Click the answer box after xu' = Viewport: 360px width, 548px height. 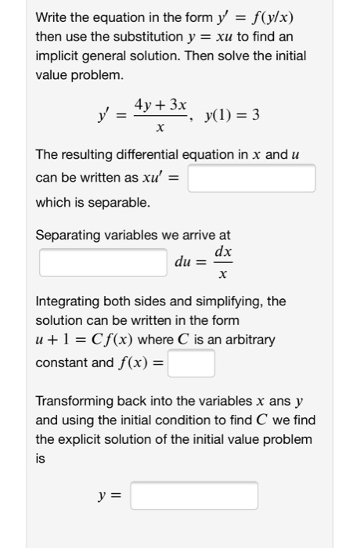251,178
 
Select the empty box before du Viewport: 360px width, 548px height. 104,262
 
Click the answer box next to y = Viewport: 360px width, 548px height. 194,496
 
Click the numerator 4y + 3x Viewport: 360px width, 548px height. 160,105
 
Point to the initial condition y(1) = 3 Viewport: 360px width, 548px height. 232,116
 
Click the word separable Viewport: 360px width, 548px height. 117,203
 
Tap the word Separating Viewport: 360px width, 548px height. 67,235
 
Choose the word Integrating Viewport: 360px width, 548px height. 68,301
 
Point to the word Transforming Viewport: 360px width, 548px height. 76,402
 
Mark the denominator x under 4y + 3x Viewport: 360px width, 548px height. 160,128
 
